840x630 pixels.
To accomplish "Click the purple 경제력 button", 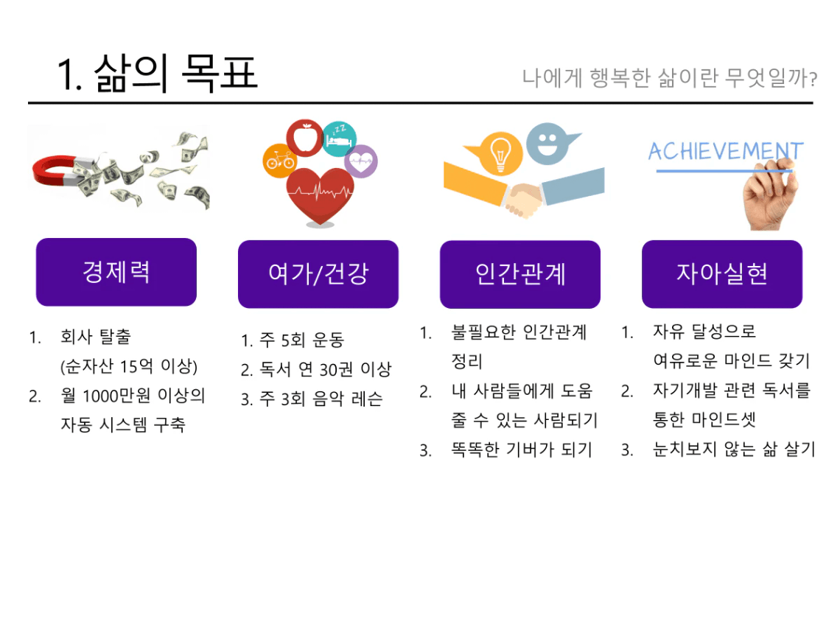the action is point(116,272).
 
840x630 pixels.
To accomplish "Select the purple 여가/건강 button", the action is point(318,274).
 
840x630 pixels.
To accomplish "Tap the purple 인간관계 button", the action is point(520,274).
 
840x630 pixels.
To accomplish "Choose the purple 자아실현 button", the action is point(722,274).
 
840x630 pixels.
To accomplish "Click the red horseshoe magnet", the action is point(54,172).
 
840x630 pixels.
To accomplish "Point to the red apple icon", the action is point(305,137).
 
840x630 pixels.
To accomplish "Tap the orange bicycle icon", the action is point(280,160).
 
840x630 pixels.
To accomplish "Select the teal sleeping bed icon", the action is point(339,139).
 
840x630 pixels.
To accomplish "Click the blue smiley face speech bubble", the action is point(549,144).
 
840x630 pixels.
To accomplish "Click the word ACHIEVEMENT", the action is point(726,151).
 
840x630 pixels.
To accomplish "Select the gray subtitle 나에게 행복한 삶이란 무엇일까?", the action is point(670,77).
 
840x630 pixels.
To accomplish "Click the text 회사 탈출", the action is point(96,337).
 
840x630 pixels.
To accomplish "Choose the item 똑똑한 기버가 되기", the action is point(522,449).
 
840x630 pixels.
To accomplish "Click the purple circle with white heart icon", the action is point(361,161).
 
